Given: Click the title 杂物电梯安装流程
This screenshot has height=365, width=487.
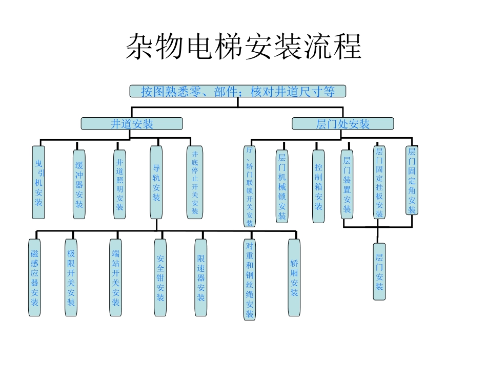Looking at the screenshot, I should coord(243,48).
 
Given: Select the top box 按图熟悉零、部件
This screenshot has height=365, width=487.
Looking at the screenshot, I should coord(237,91).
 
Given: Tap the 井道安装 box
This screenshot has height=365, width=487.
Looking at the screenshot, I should coord(132,123).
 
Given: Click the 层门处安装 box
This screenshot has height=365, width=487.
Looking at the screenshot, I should coord(342,124).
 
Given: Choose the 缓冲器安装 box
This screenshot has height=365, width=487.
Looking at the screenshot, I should coord(79,184).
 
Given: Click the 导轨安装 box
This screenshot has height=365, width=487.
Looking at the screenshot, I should coord(156,182).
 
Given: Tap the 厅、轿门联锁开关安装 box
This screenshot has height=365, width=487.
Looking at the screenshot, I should coord(250,186).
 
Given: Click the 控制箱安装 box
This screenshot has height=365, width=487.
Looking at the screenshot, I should coord(318,186).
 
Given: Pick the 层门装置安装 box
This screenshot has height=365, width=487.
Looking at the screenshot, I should coord(347,184).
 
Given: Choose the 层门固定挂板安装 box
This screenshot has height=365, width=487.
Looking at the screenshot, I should coord(379,182).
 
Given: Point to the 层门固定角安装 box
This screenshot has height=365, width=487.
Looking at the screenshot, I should coord(412,180).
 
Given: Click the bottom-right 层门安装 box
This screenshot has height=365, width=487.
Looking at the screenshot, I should coord(379,271).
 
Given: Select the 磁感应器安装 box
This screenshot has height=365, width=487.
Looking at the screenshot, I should coord(34,277).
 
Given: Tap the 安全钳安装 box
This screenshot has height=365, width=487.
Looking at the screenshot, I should coord(160,277).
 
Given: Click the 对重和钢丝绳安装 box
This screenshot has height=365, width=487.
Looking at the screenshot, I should coord(249,280).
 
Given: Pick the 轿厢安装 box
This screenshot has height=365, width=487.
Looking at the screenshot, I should coord(294,277).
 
